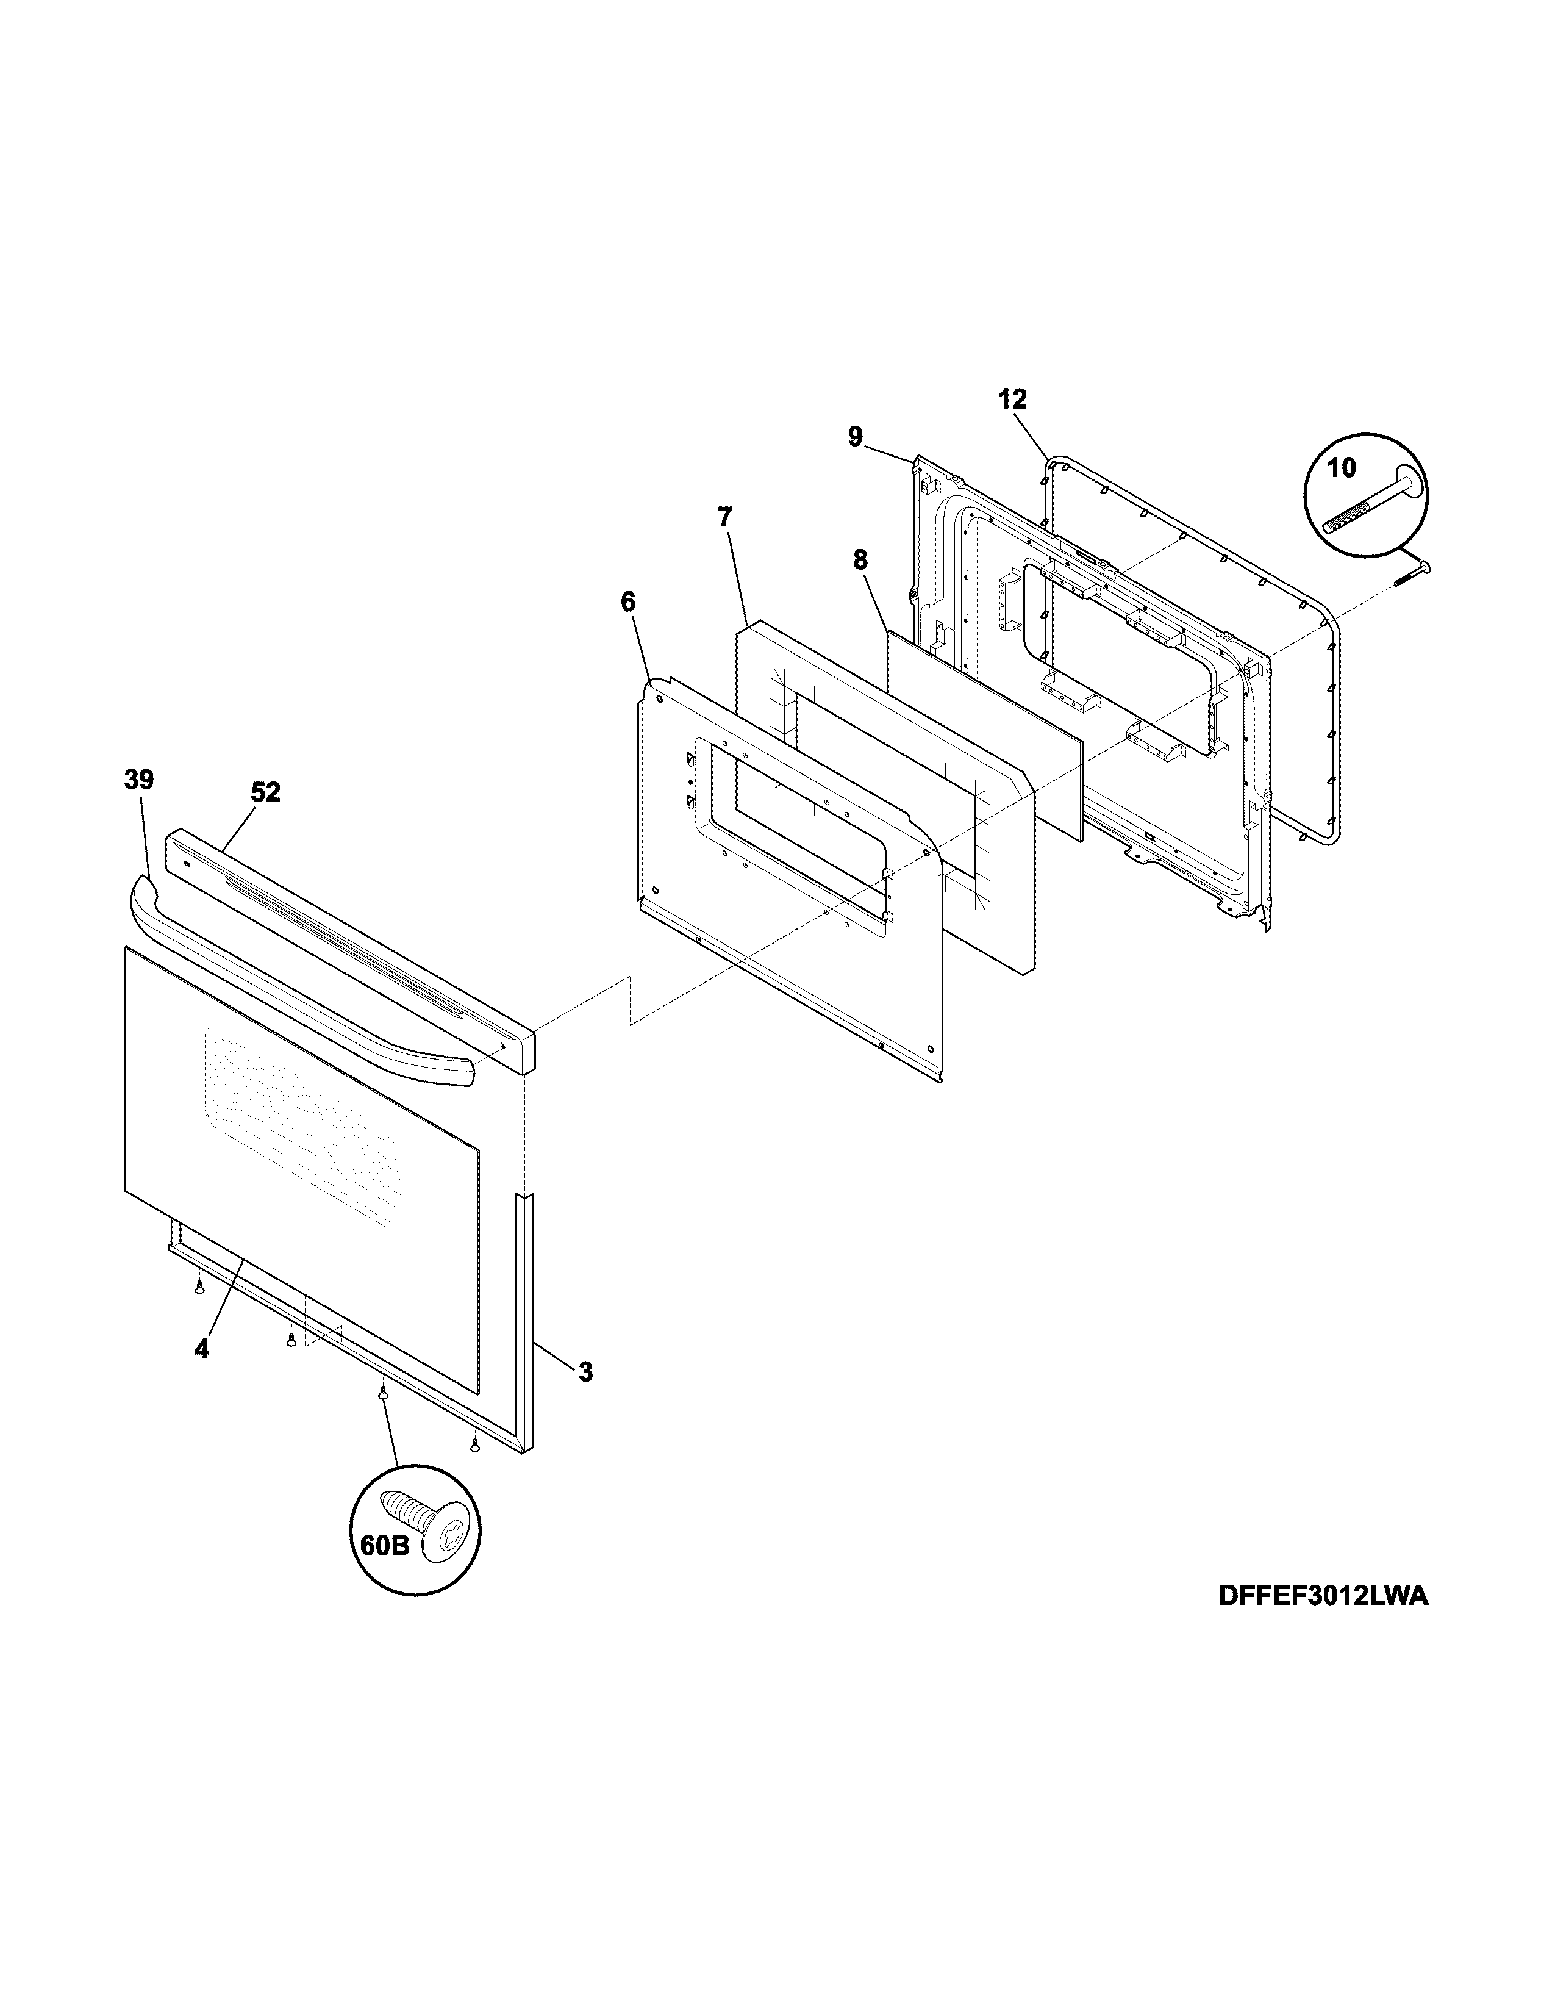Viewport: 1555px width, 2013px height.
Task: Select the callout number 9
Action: (856, 436)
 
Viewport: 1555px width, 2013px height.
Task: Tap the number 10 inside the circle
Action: (1342, 468)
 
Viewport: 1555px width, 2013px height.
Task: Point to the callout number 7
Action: (725, 517)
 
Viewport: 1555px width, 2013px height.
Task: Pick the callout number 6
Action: (627, 602)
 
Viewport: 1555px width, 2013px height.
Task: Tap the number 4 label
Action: (202, 1349)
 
